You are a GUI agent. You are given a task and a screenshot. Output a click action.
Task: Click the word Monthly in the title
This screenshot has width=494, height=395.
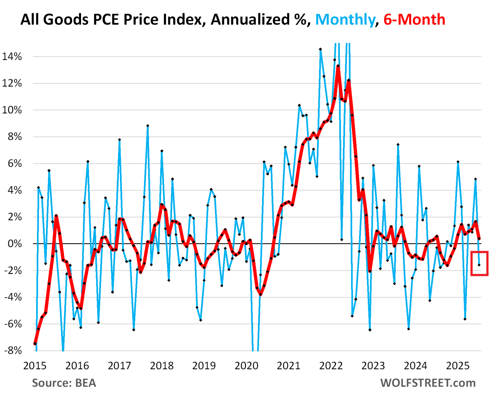pyautogui.click(x=345, y=20)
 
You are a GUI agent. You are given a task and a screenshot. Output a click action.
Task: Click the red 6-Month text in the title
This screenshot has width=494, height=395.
pyautogui.click(x=414, y=20)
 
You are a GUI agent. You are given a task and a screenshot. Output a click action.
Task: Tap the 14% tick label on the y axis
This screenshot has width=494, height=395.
pyautogui.click(x=12, y=57)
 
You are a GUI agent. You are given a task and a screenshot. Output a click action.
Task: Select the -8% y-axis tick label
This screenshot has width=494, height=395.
pyautogui.click(x=13, y=350)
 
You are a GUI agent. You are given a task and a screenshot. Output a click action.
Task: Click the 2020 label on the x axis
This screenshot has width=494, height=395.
pyautogui.click(x=246, y=366)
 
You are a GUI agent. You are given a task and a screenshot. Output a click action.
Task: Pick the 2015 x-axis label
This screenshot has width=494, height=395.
pyautogui.click(x=35, y=366)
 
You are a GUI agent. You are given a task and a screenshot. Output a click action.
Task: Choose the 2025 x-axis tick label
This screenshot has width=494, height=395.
pyautogui.click(x=458, y=366)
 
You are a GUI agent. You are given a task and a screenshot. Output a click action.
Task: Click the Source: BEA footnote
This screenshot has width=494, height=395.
pyautogui.click(x=64, y=383)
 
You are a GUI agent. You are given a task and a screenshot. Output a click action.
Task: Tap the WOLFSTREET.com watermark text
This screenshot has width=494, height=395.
pyautogui.click(x=428, y=383)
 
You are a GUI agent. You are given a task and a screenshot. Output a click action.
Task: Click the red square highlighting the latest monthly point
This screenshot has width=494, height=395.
pyautogui.click(x=479, y=263)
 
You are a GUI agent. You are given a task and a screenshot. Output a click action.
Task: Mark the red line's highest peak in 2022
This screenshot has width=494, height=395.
pyautogui.click(x=338, y=66)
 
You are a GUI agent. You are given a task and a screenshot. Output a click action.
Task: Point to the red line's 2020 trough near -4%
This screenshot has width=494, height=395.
pyautogui.click(x=261, y=294)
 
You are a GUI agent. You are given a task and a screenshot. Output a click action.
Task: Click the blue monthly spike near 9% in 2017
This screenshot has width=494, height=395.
pyautogui.click(x=148, y=126)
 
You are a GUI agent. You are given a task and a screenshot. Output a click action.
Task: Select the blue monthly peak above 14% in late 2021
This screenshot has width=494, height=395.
pyautogui.click(x=320, y=49)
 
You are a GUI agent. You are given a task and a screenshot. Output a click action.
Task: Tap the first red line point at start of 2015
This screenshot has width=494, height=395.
pyautogui.click(x=35, y=344)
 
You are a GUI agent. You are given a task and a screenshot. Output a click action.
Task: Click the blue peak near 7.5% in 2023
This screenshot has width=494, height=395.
pyautogui.click(x=398, y=144)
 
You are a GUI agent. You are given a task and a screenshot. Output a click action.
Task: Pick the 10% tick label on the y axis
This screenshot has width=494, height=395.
pyautogui.click(x=12, y=110)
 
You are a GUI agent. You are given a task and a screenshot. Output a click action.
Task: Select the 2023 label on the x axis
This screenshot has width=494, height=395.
pyautogui.click(x=373, y=366)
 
